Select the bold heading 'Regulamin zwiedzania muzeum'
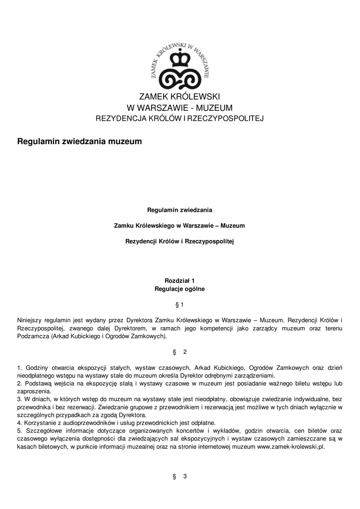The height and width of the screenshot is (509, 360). pos(80,142)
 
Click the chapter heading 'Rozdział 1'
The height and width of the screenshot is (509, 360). pos(180,280)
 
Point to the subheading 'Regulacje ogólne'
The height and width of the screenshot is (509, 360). pos(180,288)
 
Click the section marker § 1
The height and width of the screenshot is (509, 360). pos(180,304)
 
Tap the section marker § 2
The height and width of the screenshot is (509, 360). pos(180,352)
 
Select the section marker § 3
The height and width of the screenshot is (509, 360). pos(180,477)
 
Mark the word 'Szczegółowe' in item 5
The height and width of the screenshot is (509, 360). pos(43,430)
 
